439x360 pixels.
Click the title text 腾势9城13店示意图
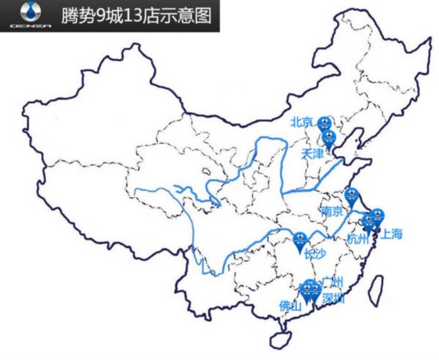[132, 15]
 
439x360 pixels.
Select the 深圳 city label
[333, 298]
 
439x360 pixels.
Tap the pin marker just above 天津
[329, 137]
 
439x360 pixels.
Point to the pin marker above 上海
[378, 215]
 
